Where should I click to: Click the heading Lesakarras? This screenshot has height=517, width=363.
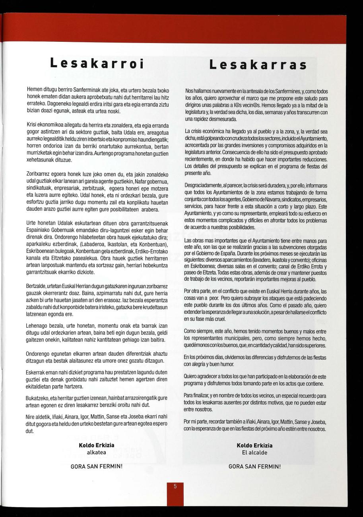(x=258, y=64)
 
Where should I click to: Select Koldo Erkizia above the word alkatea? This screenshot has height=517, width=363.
(x=96, y=445)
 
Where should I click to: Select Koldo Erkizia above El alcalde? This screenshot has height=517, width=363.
(x=254, y=445)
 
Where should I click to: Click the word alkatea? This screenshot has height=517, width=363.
(x=96, y=452)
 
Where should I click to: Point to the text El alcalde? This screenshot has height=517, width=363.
(x=254, y=453)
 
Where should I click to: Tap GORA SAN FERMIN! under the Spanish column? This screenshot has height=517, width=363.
(x=254, y=466)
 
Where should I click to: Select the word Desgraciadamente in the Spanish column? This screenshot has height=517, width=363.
(x=202, y=186)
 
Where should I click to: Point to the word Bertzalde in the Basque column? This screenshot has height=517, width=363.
(x=37, y=287)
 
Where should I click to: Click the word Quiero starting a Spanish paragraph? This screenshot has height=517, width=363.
(x=191, y=377)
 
